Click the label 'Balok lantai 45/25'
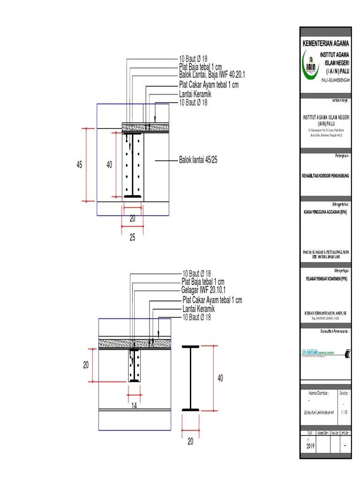(x=198, y=160)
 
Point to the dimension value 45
(x=80, y=165)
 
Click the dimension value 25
(x=133, y=238)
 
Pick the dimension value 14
(x=134, y=406)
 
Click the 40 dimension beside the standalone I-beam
(x=220, y=378)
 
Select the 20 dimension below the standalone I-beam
(x=190, y=441)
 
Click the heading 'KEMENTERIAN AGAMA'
(x=326, y=43)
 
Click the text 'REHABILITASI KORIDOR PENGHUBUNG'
(x=326, y=175)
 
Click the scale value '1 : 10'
(x=345, y=412)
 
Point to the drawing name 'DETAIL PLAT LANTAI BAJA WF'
(x=319, y=412)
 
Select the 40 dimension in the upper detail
(x=109, y=165)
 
